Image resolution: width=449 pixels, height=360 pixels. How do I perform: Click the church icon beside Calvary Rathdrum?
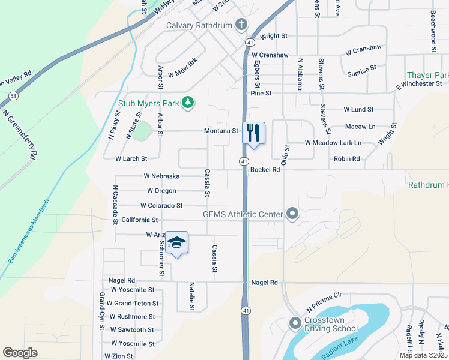click(x=241, y=25)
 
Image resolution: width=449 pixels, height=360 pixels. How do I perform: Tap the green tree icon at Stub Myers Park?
click(x=188, y=103)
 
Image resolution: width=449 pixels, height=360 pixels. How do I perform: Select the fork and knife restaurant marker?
click(x=253, y=133)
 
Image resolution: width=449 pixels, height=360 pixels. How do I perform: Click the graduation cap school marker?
click(x=177, y=242)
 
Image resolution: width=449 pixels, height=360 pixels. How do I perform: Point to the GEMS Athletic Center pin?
click(x=292, y=214)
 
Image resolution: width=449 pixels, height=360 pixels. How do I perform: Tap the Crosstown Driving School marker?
click(x=295, y=323)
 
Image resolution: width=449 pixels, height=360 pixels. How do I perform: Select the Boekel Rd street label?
click(x=265, y=170)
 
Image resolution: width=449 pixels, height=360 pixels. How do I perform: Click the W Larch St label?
click(x=131, y=159)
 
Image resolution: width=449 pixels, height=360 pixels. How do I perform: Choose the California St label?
click(x=139, y=220)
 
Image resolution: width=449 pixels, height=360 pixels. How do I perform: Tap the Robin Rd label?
click(x=346, y=159)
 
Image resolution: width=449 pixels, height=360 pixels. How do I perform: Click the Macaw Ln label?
click(x=360, y=127)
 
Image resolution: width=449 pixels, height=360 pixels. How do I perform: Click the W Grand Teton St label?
click(x=131, y=304)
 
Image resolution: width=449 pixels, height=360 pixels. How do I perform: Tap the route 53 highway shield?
click(x=13, y=95)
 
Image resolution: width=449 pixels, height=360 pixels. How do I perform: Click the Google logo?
click(x=20, y=353)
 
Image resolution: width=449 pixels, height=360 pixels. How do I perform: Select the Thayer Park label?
click(x=427, y=76)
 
